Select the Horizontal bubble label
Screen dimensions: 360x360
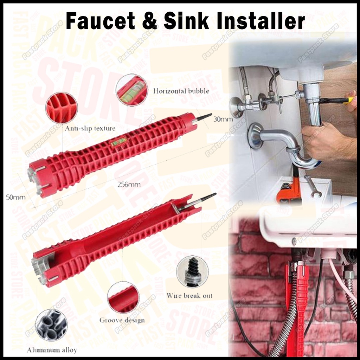(181, 91)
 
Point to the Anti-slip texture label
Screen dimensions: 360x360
(90, 129)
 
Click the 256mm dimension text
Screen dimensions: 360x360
(129, 184)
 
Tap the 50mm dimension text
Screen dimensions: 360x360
(16, 197)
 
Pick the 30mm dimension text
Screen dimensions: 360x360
(223, 119)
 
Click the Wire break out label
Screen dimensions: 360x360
(189, 296)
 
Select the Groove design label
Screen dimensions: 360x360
(122, 320)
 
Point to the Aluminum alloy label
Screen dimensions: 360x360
(52, 350)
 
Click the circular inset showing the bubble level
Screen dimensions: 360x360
(132, 90)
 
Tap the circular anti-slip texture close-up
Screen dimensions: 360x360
(61, 107)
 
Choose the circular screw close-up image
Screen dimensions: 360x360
(192, 272)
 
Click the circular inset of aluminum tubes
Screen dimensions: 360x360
(51, 326)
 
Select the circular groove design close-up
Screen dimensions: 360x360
(123, 297)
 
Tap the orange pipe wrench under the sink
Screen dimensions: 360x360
(290, 192)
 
